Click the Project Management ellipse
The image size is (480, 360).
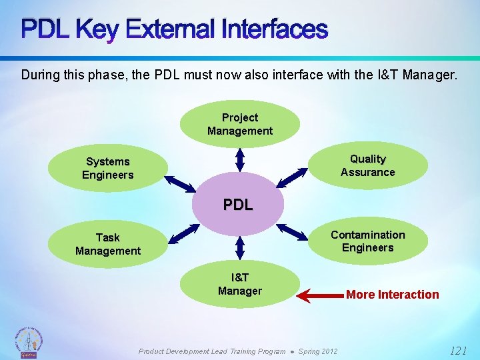[240, 124]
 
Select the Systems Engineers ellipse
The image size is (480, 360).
[108, 168]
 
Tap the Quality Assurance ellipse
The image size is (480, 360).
[368, 165]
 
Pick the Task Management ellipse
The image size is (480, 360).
[108, 244]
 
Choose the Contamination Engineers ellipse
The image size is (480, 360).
[368, 241]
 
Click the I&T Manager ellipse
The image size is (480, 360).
[240, 284]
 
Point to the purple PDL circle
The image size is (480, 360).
[238, 205]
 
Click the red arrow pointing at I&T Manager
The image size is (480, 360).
[319, 295]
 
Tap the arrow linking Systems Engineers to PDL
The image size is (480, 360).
[179, 185]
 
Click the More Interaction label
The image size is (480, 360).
[393, 295]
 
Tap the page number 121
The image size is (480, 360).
[458, 350]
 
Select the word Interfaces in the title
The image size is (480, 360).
[275, 29]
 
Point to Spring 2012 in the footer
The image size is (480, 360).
[317, 351]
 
